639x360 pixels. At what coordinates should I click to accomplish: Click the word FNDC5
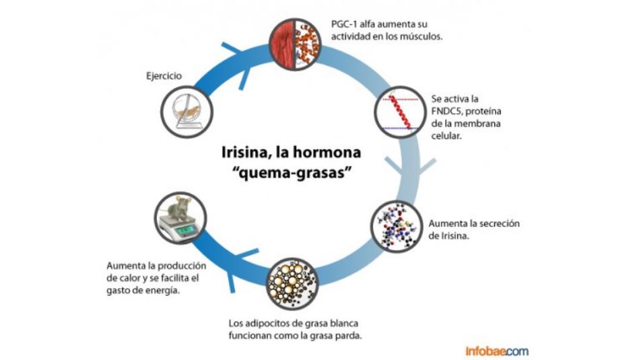[x=448, y=110]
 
